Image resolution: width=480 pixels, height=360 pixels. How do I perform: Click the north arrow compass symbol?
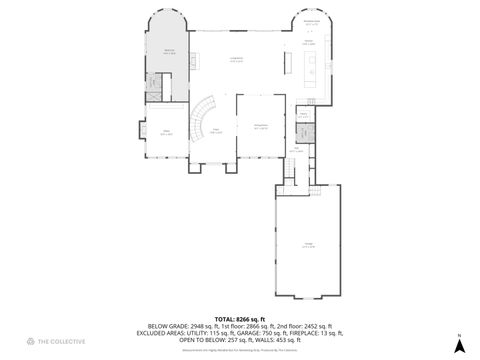458,344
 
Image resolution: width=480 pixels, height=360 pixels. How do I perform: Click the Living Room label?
237,60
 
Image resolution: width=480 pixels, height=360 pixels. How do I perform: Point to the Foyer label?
215,131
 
